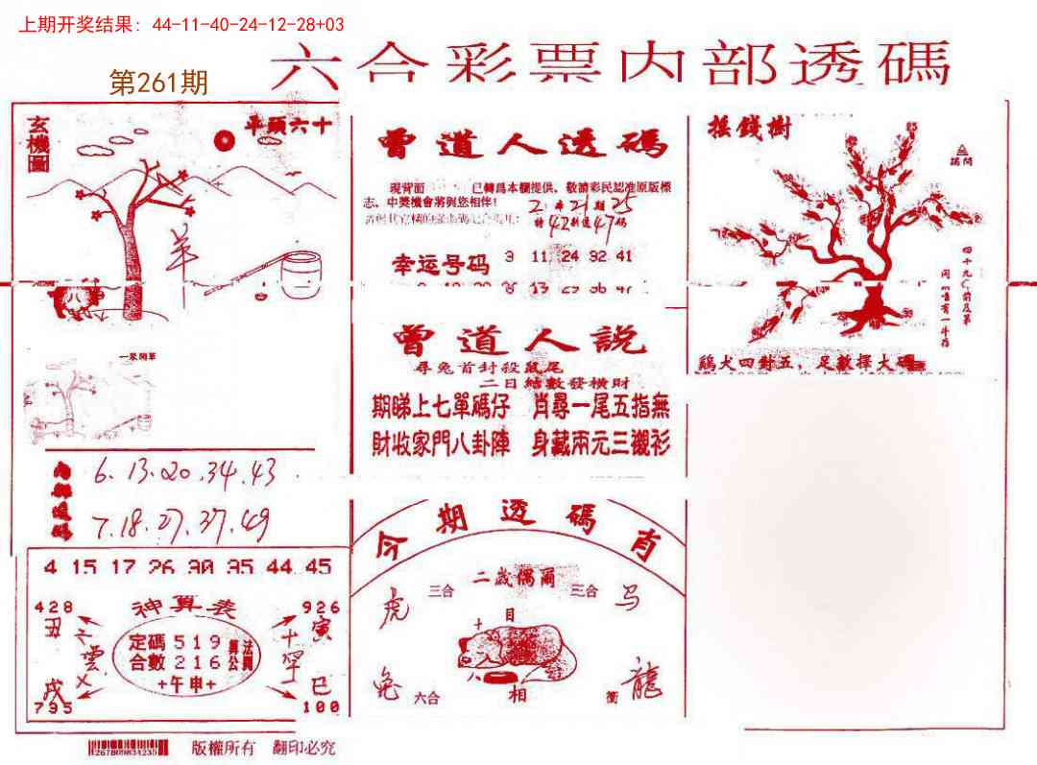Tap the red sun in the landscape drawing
pyautogui.click(x=225, y=141)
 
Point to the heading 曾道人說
pyautogui.click(x=519, y=342)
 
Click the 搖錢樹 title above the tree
pyautogui.click(x=749, y=127)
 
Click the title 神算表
pyautogui.click(x=183, y=608)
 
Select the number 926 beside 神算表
pyautogui.click(x=320, y=607)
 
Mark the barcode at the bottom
pyautogui.click(x=129, y=748)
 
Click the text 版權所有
pyautogui.click(x=224, y=748)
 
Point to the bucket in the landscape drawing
pyautogui.click(x=301, y=275)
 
